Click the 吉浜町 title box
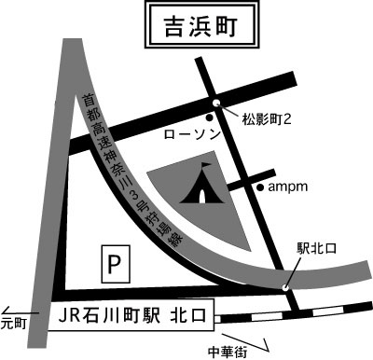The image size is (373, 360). tap(195, 24)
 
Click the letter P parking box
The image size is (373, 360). tap(114, 265)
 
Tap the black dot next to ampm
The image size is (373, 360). tap(260, 187)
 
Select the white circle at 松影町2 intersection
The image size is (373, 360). tap(216, 104)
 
